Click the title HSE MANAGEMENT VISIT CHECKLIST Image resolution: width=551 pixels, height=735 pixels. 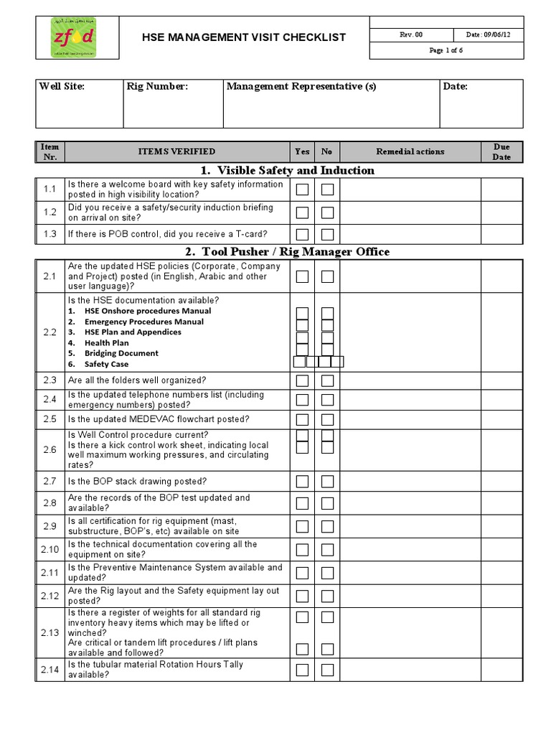pos(243,37)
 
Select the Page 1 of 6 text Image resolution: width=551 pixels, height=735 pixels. pos(446,50)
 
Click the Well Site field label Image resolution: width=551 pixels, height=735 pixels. pos(62,87)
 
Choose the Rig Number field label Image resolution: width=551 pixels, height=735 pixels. pos(157,87)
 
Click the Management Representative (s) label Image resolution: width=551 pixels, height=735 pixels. pos(301,87)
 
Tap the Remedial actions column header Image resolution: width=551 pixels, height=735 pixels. pos(410,151)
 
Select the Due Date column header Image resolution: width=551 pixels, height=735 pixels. pos(501,151)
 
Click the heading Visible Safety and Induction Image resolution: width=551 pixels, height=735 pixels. pos(286,170)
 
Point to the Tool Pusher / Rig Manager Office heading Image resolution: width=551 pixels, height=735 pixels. pos(287,251)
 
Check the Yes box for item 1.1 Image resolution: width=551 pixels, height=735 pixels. pos(303,189)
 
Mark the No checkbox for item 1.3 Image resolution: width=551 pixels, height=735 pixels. pos(327,235)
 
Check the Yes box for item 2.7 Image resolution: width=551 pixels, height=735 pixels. pos(303,482)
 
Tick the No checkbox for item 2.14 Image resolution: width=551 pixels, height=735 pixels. pos(327,670)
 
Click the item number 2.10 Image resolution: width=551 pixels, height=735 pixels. pos(49,550)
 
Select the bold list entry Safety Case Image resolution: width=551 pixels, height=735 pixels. pos(106,364)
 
